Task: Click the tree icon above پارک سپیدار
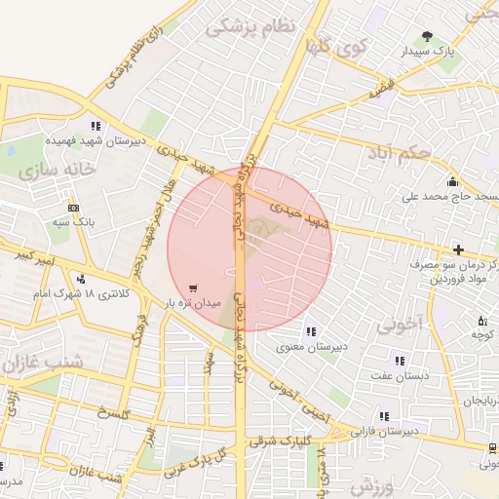(x=428, y=36)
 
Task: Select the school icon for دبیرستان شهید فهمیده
(x=96, y=126)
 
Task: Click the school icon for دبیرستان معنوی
(x=310, y=332)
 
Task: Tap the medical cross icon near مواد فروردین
(x=458, y=250)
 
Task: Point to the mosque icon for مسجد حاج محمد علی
(x=452, y=181)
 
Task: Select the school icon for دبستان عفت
(x=400, y=362)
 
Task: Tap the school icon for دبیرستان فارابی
(x=384, y=416)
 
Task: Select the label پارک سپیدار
(x=430, y=51)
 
